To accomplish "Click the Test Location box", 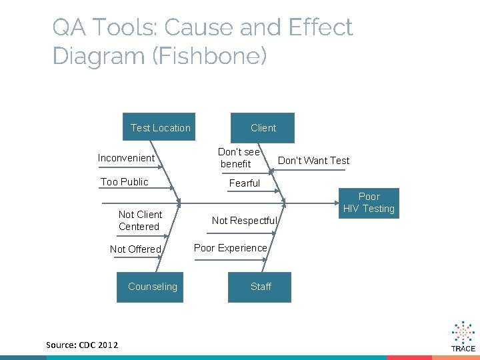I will coord(160,128).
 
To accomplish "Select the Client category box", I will coord(263,128).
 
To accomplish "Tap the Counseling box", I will coord(152,287).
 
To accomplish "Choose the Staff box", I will coord(260,287).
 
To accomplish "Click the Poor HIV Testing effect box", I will coord(369,203).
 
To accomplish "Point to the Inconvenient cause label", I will coord(126,158).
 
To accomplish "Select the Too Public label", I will coord(124,182).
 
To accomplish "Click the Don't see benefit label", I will coord(239,158).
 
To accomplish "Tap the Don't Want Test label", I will coord(313,161).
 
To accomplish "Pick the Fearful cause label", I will coord(245,183).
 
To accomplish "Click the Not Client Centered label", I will coord(140,221).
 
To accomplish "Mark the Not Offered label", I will coord(136,249).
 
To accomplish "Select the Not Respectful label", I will coord(244,221).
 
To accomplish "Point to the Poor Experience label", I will coord(230,248).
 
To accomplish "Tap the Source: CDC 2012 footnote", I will coord(82,345).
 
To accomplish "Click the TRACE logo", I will coord(463,337).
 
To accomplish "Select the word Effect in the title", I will coord(319,28).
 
